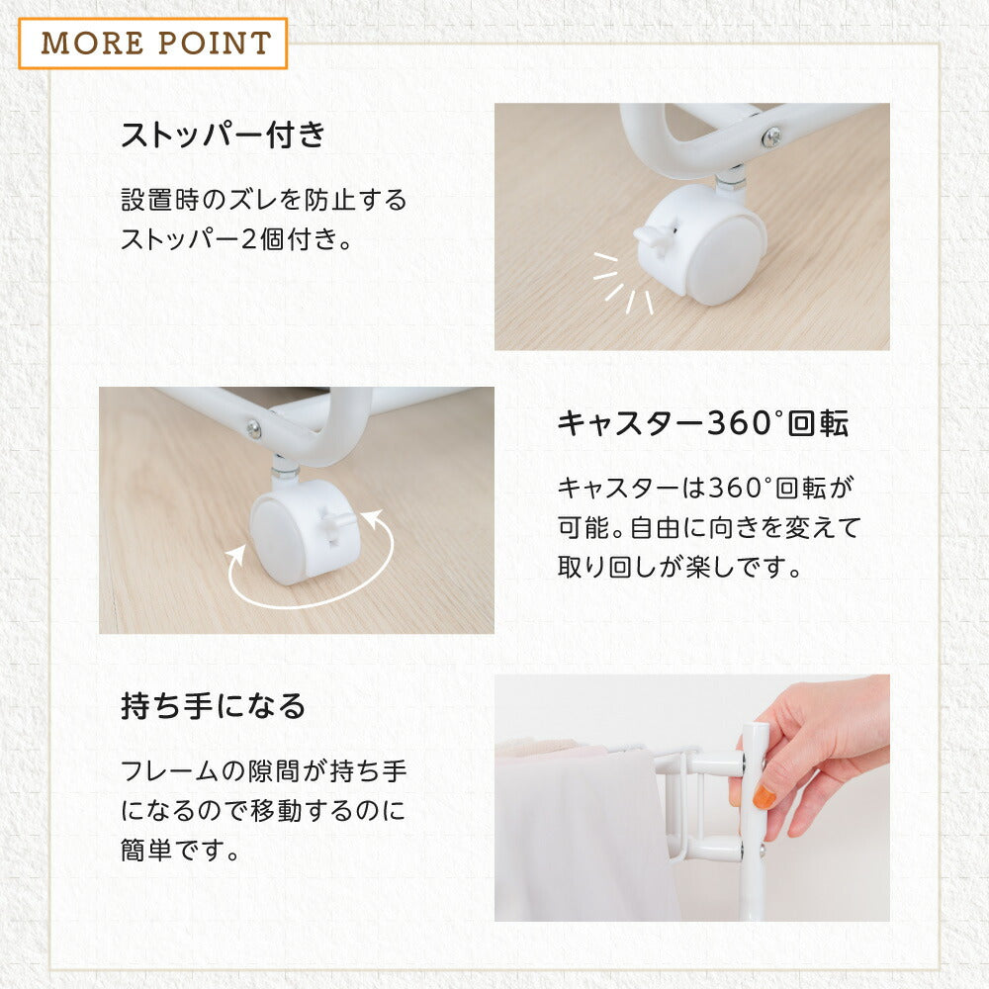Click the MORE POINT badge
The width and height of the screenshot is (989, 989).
[153, 43]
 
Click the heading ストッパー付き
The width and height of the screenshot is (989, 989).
[223, 135]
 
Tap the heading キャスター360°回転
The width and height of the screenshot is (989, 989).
[702, 422]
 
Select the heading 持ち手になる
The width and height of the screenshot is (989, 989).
[214, 706]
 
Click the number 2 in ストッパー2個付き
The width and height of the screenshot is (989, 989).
[250, 239]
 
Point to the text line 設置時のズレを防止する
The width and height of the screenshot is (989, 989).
[264, 200]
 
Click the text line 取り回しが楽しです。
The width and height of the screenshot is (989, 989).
[679, 567]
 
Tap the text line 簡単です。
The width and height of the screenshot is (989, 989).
[180, 850]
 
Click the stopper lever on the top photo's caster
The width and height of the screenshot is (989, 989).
[655, 237]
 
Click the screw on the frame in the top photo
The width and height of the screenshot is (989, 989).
[770, 136]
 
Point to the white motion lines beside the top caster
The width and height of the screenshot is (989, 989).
[623, 283]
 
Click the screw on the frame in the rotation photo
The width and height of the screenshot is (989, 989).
[253, 429]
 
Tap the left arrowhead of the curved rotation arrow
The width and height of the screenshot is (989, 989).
[237, 556]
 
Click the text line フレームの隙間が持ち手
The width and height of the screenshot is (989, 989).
[264, 770]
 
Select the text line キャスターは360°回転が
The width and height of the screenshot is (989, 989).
[706, 488]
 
